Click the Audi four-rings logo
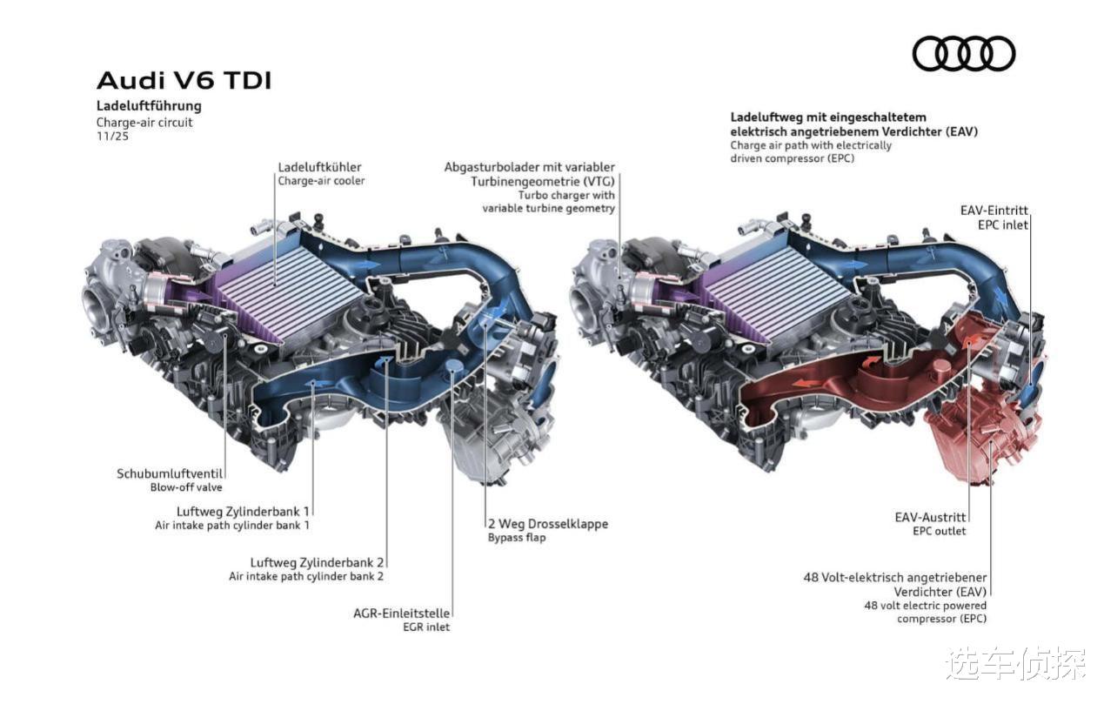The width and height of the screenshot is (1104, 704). [963, 53]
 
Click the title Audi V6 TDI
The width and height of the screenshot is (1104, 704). [184, 81]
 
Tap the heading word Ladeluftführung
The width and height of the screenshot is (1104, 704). [149, 106]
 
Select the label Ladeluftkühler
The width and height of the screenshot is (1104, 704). [319, 166]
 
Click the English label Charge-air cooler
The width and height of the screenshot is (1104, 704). [321, 181]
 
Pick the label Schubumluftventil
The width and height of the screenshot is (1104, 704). [170, 473]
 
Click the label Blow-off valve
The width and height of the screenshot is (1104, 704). [186, 487]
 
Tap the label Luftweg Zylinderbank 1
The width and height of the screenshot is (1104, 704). [243, 511]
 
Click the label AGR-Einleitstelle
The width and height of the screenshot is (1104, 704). [401, 613]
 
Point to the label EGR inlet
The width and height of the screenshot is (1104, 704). [425, 627]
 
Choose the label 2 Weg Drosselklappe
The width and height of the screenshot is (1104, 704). [547, 524]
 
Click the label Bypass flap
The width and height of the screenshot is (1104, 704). [517, 538]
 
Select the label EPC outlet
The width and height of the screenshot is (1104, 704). [939, 531]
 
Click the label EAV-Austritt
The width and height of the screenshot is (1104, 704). [930, 517]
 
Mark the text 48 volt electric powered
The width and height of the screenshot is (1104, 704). [925, 605]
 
